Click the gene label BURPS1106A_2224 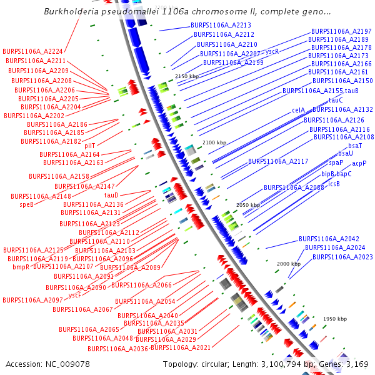(x=33, y=51)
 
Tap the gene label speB (x=27, y=204)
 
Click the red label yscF (x=75, y=294)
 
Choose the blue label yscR (x=272, y=51)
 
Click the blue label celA (x=298, y=110)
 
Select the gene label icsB (x=334, y=184)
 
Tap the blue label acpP (x=359, y=163)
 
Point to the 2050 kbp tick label (x=247, y=205)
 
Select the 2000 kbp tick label (x=289, y=264)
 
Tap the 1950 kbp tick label (x=334, y=319)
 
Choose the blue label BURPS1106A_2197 (x=341, y=31)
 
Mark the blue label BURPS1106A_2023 (x=342, y=257)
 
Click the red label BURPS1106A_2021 (x=181, y=347)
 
